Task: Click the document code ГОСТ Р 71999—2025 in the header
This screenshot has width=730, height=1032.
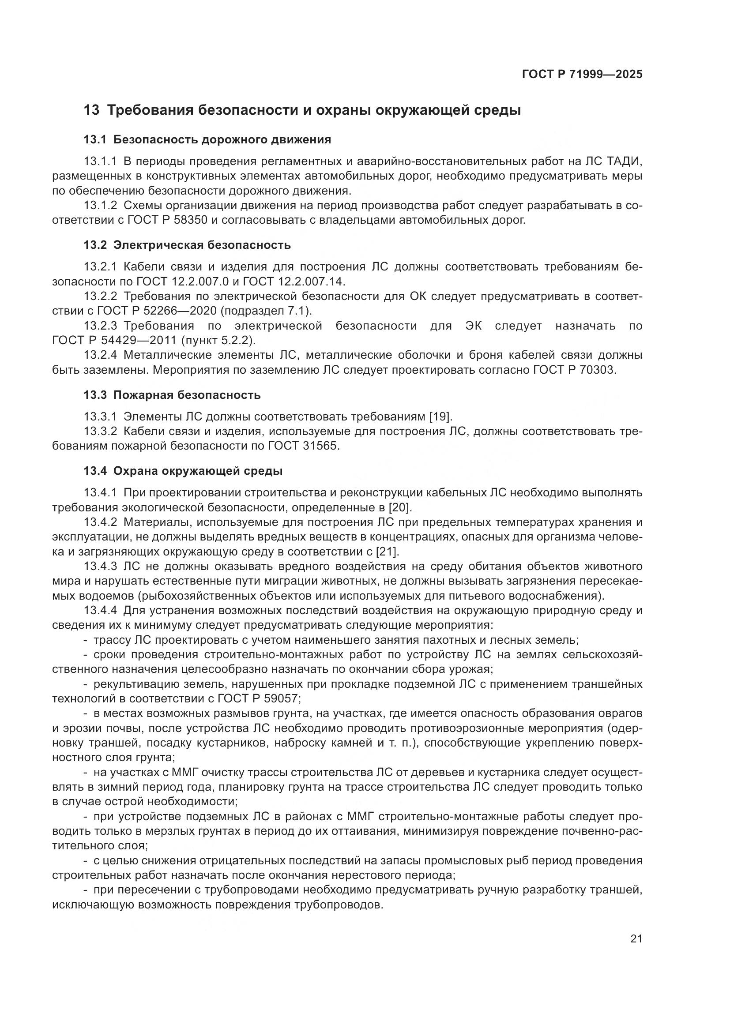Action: [582, 75]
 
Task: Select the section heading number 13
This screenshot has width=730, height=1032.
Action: [91, 110]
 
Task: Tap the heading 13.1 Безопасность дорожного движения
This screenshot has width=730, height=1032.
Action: [207, 140]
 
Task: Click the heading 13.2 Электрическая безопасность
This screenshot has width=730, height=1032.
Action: [187, 245]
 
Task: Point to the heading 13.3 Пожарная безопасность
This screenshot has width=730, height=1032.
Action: [172, 395]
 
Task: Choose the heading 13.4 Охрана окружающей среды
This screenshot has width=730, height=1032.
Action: [183, 471]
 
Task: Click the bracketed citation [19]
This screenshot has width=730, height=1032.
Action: [440, 417]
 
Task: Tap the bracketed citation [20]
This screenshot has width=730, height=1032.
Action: [400, 508]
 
